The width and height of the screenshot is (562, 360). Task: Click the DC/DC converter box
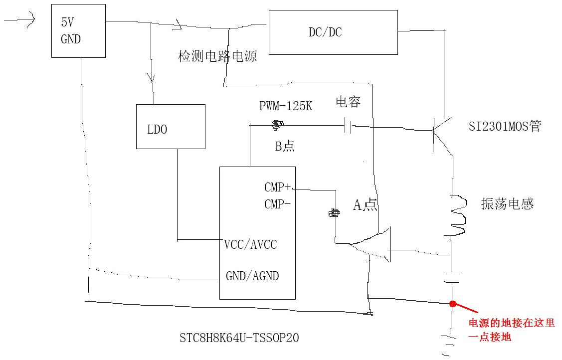(333, 32)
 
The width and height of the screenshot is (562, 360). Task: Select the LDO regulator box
(171, 126)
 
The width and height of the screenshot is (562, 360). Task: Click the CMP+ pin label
(277, 188)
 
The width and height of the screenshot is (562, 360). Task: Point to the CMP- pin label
(277, 204)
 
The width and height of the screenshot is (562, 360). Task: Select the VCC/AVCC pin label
(250, 245)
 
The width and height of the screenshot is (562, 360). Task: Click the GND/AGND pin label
(252, 276)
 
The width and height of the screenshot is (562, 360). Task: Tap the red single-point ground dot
(453, 304)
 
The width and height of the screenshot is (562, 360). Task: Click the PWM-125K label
(286, 106)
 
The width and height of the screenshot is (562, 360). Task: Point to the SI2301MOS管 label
(505, 127)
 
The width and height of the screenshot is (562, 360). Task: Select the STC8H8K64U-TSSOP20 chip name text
(239, 338)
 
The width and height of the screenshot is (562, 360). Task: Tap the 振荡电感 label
(507, 203)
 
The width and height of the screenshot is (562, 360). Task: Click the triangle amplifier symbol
(374, 244)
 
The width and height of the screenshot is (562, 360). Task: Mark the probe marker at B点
(277, 125)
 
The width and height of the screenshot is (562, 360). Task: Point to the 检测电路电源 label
(217, 56)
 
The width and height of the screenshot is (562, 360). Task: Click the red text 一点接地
(490, 338)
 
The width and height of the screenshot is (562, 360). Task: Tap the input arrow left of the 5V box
(20, 19)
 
